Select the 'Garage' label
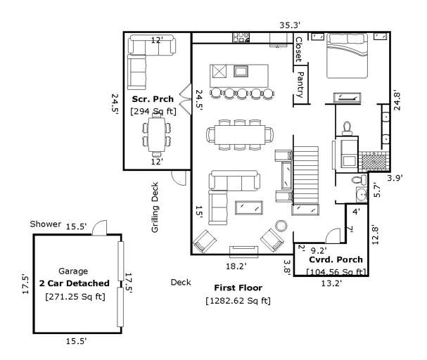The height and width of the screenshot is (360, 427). click(x=73, y=271)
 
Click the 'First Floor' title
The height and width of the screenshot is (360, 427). click(x=238, y=288)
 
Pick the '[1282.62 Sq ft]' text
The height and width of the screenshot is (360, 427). click(x=238, y=301)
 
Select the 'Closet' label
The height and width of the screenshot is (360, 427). click(x=299, y=49)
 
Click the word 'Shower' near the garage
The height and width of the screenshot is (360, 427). click(x=45, y=224)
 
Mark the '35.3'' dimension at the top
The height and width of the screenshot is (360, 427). click(x=289, y=25)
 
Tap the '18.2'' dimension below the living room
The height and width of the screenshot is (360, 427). click(x=235, y=266)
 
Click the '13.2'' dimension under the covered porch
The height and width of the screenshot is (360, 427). click(x=331, y=283)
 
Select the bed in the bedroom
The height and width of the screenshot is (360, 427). click(x=347, y=57)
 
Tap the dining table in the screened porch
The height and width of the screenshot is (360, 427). click(x=155, y=134)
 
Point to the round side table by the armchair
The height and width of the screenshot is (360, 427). click(x=281, y=225)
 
